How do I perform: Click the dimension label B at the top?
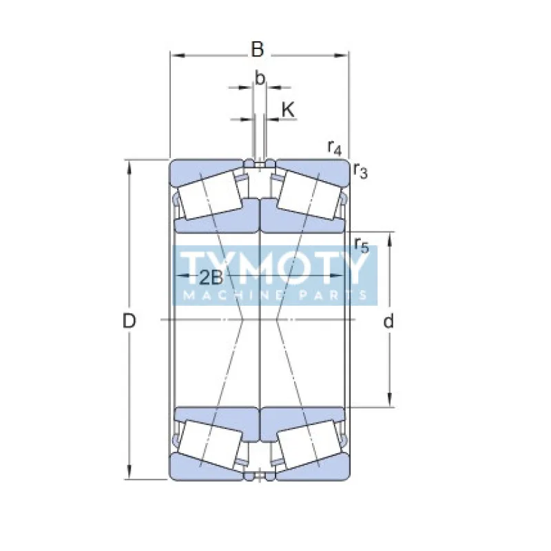pos(257,50)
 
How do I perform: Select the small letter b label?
pos(260,79)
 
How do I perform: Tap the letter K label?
pos(288,109)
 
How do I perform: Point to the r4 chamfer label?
pos(335,147)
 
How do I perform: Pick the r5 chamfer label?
pos(361,244)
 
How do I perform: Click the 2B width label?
pos(211,278)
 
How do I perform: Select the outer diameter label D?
pos(129,320)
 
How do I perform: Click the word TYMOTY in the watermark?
pos(275,267)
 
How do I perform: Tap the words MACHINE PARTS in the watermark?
pos(275,295)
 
